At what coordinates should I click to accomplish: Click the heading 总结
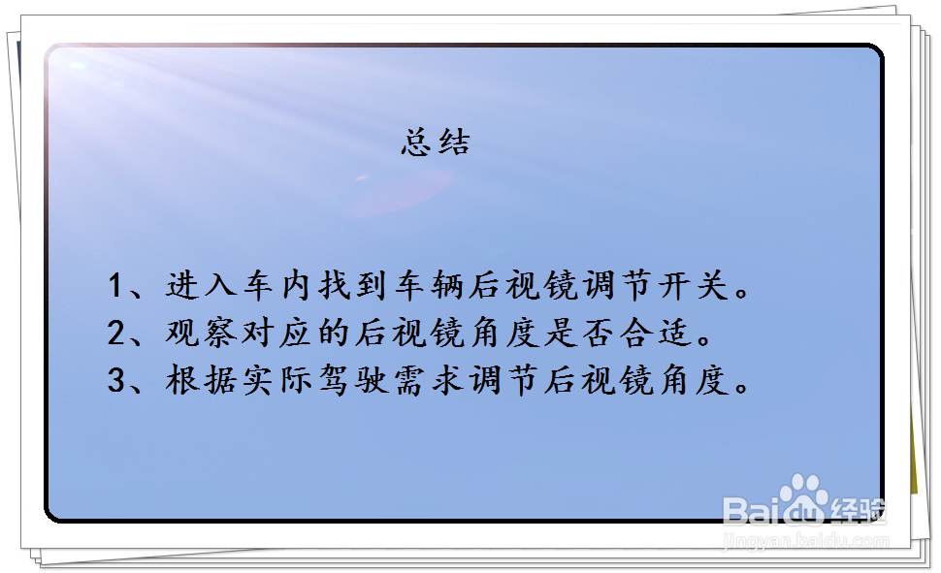(x=436, y=143)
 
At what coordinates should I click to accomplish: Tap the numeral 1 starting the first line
(x=117, y=287)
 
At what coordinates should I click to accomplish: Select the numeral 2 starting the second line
(x=117, y=334)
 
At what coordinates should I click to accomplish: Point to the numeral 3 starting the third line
(x=117, y=380)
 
